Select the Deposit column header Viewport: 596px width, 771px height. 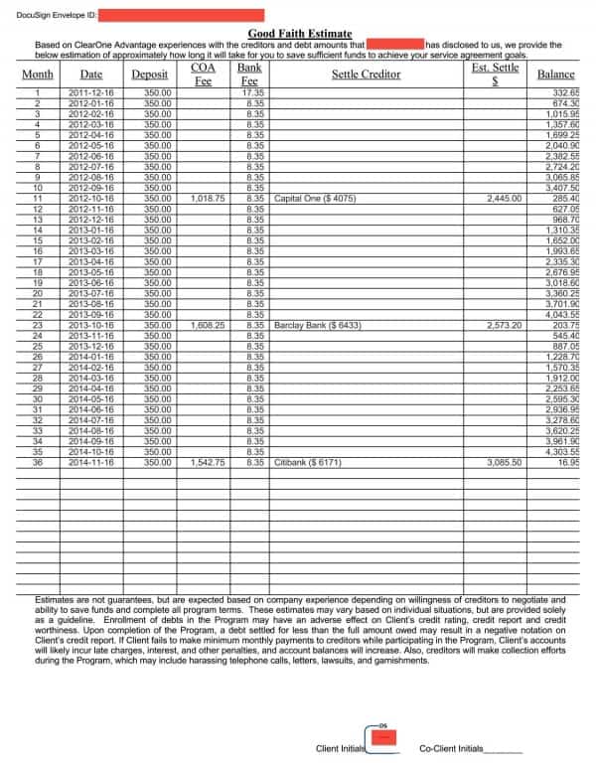click(x=150, y=75)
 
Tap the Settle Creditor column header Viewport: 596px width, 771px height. click(x=366, y=75)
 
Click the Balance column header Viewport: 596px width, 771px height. click(x=555, y=75)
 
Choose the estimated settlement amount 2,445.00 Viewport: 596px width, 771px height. click(x=504, y=199)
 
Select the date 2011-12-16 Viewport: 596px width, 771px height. click(x=91, y=92)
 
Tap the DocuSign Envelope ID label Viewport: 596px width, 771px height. click(x=56, y=15)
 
